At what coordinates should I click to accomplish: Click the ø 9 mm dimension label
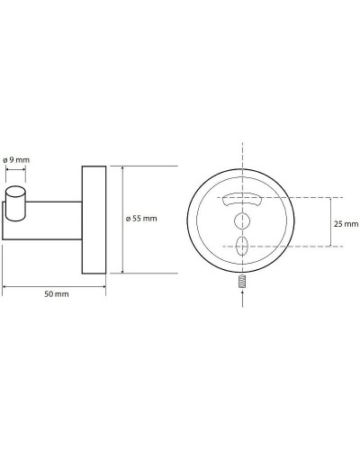click(x=17, y=159)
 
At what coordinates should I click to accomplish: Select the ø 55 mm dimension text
click(x=143, y=218)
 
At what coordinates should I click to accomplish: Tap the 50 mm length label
click(x=54, y=294)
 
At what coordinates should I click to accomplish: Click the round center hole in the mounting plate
click(x=241, y=221)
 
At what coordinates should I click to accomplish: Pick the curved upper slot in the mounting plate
click(x=241, y=198)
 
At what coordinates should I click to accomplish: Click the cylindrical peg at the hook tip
click(x=14, y=200)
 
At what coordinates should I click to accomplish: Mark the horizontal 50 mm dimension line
click(x=54, y=286)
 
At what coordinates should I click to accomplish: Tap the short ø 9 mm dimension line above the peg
click(x=14, y=169)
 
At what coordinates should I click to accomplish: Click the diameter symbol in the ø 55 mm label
click(x=130, y=218)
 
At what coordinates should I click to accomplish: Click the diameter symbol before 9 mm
click(x=6, y=159)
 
